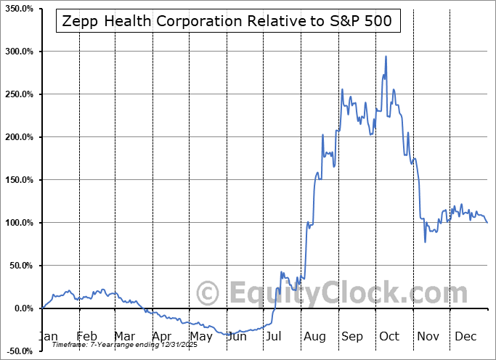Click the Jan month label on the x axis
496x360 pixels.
[x=49, y=336]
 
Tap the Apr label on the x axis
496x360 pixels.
[x=162, y=336]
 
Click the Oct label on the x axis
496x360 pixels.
[x=389, y=336]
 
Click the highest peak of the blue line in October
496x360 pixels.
[x=386, y=57]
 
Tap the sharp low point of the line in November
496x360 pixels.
[x=426, y=241]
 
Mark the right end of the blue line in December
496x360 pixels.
[x=487, y=223]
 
